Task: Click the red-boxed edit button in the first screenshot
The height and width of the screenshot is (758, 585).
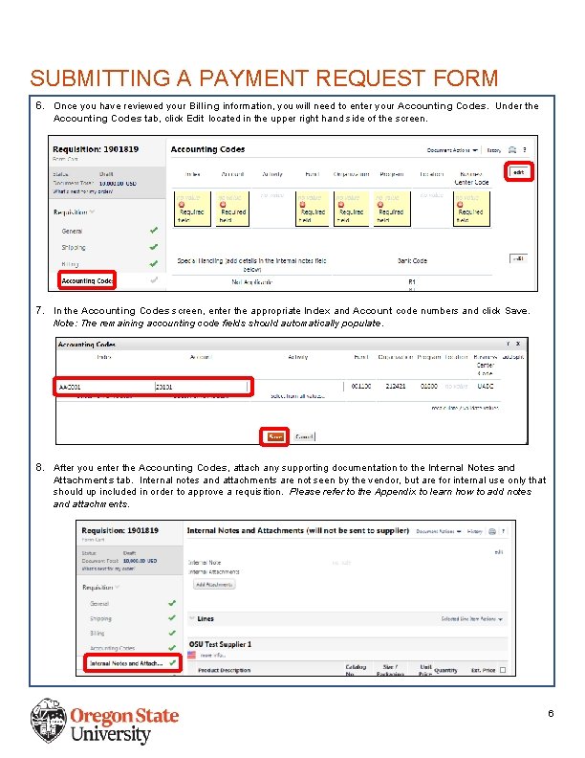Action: (x=519, y=173)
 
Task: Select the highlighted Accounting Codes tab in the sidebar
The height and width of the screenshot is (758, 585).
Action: (x=86, y=280)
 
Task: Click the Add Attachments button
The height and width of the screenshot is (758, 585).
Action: (x=215, y=583)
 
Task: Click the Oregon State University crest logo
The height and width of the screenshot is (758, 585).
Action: (x=49, y=721)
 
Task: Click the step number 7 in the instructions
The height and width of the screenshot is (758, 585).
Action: (x=39, y=311)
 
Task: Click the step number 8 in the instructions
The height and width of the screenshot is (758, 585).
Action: (x=39, y=468)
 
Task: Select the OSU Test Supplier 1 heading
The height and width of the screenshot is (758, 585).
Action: (x=220, y=645)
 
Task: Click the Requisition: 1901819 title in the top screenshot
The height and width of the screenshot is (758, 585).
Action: (x=96, y=150)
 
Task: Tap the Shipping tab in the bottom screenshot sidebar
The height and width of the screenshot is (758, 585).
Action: (x=100, y=618)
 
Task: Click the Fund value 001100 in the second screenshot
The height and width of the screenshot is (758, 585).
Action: (x=361, y=386)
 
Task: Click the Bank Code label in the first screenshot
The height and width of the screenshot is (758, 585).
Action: (x=412, y=259)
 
